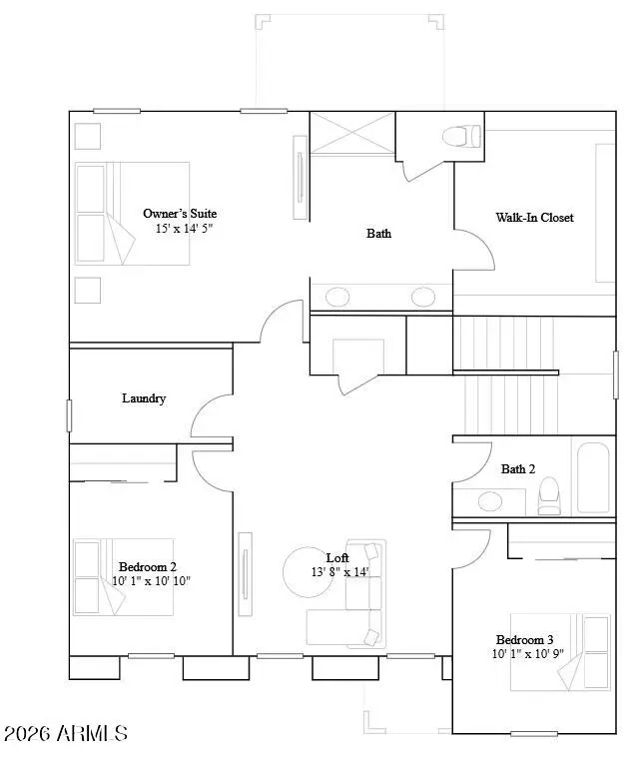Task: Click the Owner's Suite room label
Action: (180, 213)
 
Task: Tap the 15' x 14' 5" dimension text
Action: (184, 229)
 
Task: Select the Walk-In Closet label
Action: (534, 217)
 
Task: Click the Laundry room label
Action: (144, 398)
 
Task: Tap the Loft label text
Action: (337, 557)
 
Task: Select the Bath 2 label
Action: (518, 468)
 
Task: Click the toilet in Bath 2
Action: (549, 495)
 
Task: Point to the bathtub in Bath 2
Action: (593, 477)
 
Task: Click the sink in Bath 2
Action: (489, 500)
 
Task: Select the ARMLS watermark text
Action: (65, 734)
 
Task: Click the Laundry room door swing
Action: (212, 417)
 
